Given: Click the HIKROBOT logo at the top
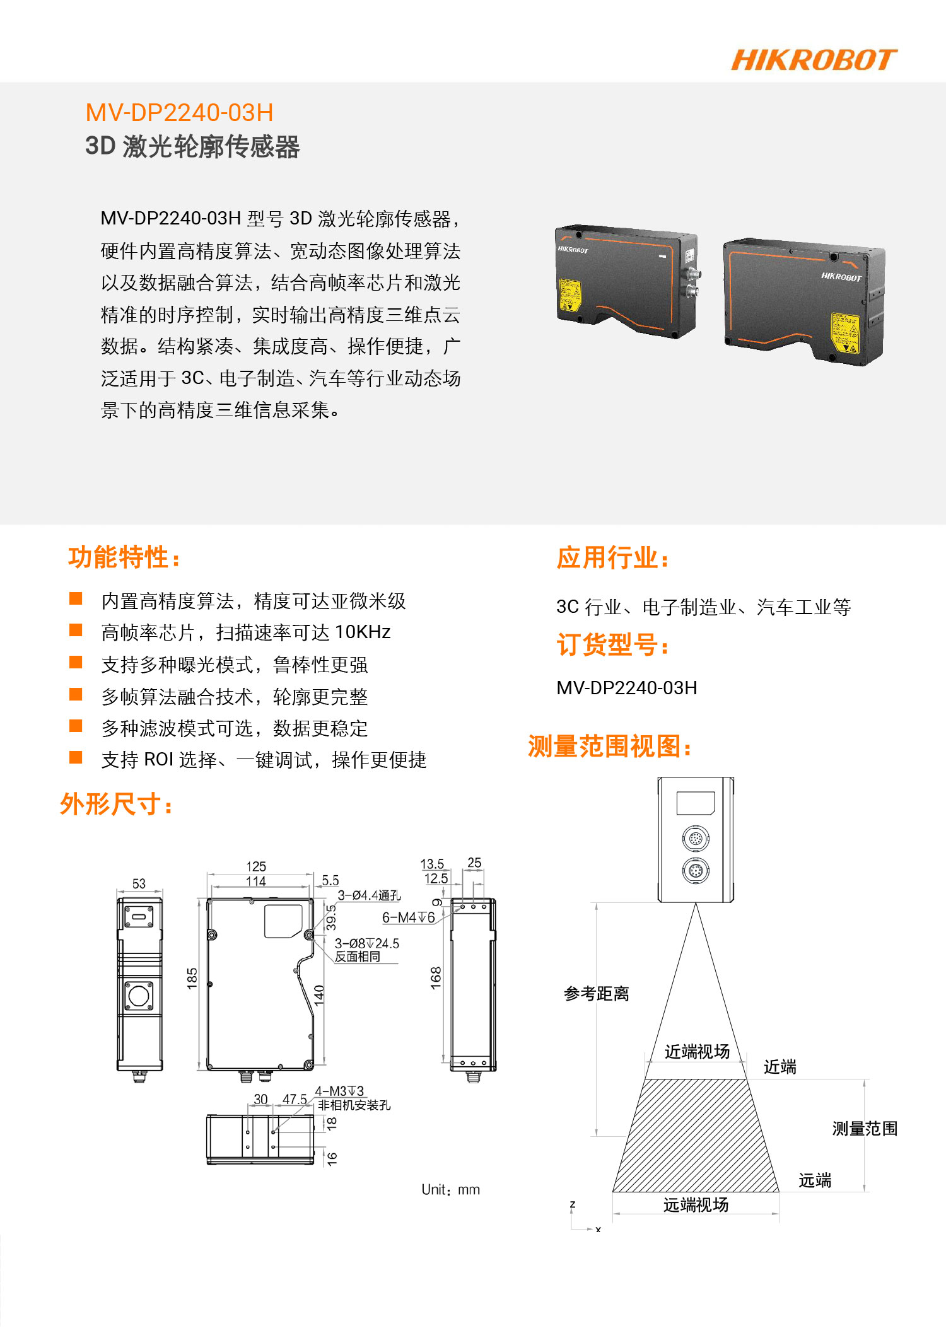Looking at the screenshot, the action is pos(814,60).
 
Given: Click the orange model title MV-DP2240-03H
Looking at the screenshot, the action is pos(180,113).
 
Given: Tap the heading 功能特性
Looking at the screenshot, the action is pos(124,557).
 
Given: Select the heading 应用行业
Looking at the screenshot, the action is pos(612,558).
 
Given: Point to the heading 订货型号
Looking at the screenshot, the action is pos(612,645).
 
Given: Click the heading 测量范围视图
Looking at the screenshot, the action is pos(610,747).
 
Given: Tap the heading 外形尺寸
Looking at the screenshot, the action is pos(116,804).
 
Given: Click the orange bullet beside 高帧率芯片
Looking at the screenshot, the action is pos(76,630).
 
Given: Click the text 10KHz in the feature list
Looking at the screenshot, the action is pos(363,632).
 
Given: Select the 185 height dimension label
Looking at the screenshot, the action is pos(192,979).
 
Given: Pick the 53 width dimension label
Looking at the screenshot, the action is pos(139,883).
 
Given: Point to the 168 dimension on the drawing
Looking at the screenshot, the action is pos(436,978).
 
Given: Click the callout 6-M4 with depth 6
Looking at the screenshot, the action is pos(409,917).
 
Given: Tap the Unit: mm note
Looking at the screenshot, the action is pos(451,1190).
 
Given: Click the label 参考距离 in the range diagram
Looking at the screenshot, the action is pos(597,994).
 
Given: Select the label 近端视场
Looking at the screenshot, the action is pos(697,1051).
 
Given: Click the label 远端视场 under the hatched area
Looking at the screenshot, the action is pos(696,1205).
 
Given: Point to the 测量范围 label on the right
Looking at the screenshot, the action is pos(865,1128).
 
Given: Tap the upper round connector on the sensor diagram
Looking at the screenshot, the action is pos(696,839).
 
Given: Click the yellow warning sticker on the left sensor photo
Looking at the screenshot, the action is pos(570,296).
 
